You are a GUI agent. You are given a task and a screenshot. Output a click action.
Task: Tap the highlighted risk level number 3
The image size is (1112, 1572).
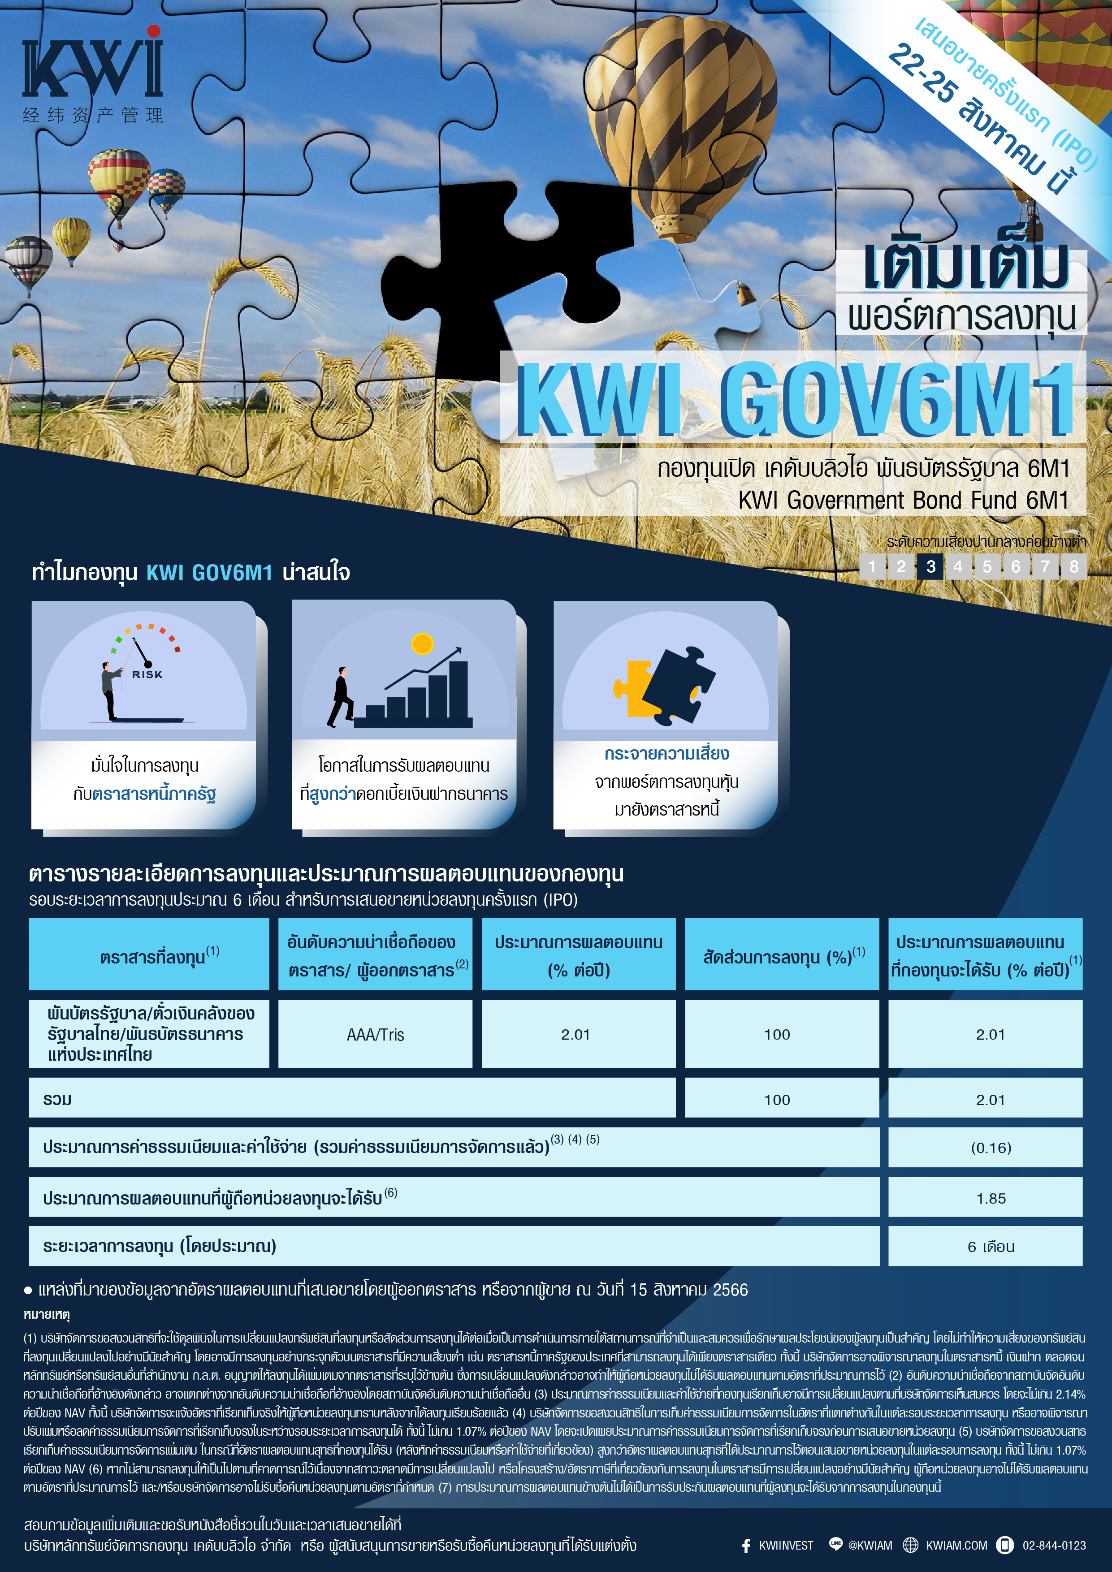(x=930, y=566)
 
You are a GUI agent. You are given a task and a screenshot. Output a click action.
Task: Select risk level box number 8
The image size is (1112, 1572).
(x=1073, y=566)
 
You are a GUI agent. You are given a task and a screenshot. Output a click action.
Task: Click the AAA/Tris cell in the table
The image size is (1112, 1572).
(x=375, y=1035)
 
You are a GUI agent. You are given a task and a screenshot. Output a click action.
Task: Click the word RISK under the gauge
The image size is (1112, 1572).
(x=147, y=674)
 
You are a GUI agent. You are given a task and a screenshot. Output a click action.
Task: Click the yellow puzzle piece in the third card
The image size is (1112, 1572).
(x=633, y=688)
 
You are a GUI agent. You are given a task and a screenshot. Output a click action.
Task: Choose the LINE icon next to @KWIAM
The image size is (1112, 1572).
(x=835, y=1544)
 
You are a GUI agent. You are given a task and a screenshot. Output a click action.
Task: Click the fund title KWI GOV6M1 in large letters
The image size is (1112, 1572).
(x=794, y=401)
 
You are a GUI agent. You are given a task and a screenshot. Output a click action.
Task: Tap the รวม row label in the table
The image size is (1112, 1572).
(x=57, y=1100)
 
